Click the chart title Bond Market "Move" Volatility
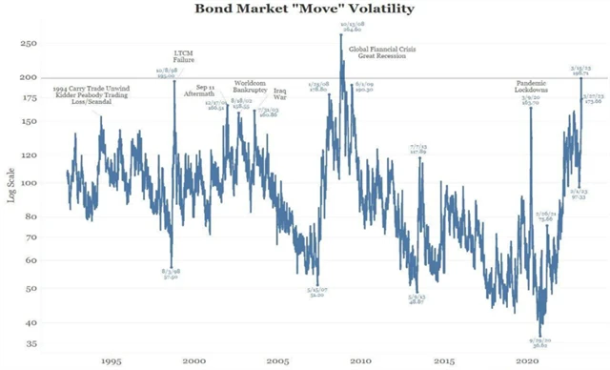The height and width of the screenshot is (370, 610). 305,10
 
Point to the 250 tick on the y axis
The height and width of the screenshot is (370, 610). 29,44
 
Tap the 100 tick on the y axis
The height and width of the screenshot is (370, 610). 29,182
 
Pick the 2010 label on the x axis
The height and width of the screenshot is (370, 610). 360,361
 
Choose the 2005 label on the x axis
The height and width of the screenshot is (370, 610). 276,361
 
